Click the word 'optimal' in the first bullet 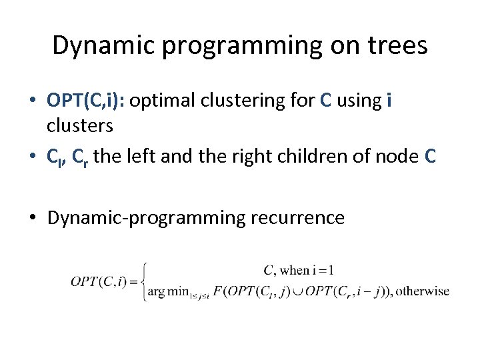(x=163, y=100)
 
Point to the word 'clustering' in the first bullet (x=243, y=100)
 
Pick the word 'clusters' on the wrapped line (x=80, y=126)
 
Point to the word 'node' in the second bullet (x=397, y=156)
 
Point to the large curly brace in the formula (x=143, y=281)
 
